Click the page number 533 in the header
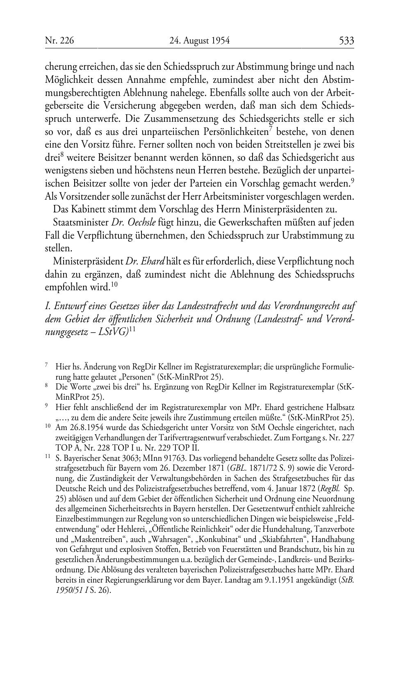[346, 41]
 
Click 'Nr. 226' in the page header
[59, 41]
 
